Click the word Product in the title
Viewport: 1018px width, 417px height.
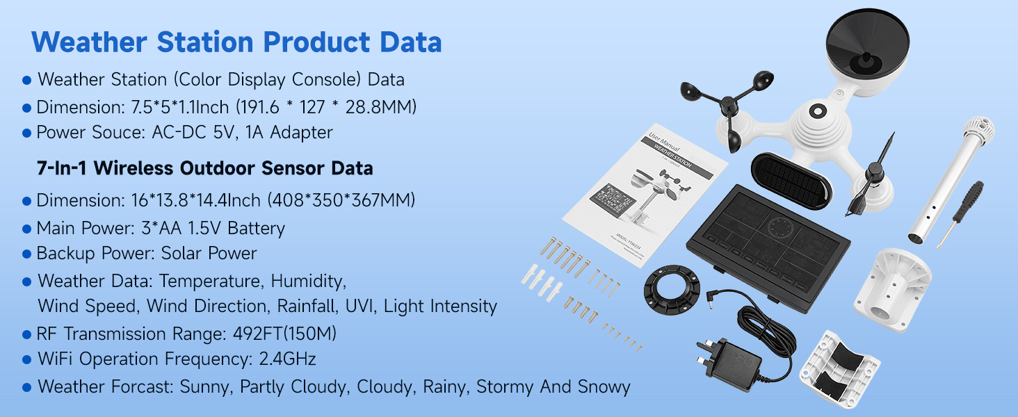tap(316, 42)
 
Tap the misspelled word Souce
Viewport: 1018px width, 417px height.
tap(118, 132)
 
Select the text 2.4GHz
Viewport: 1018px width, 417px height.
tap(287, 359)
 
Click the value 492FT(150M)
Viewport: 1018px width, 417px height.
tap(284, 334)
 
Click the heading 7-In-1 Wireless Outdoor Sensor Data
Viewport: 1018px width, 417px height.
tap(205, 168)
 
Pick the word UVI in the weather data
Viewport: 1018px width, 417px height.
tap(361, 306)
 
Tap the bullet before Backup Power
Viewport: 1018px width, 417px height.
tap(27, 254)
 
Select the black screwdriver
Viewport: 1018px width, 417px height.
tap(960, 213)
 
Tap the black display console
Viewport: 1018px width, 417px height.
tap(768, 247)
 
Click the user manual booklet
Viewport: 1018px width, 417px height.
tap(645, 195)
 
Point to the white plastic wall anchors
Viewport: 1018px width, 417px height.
tap(542, 283)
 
